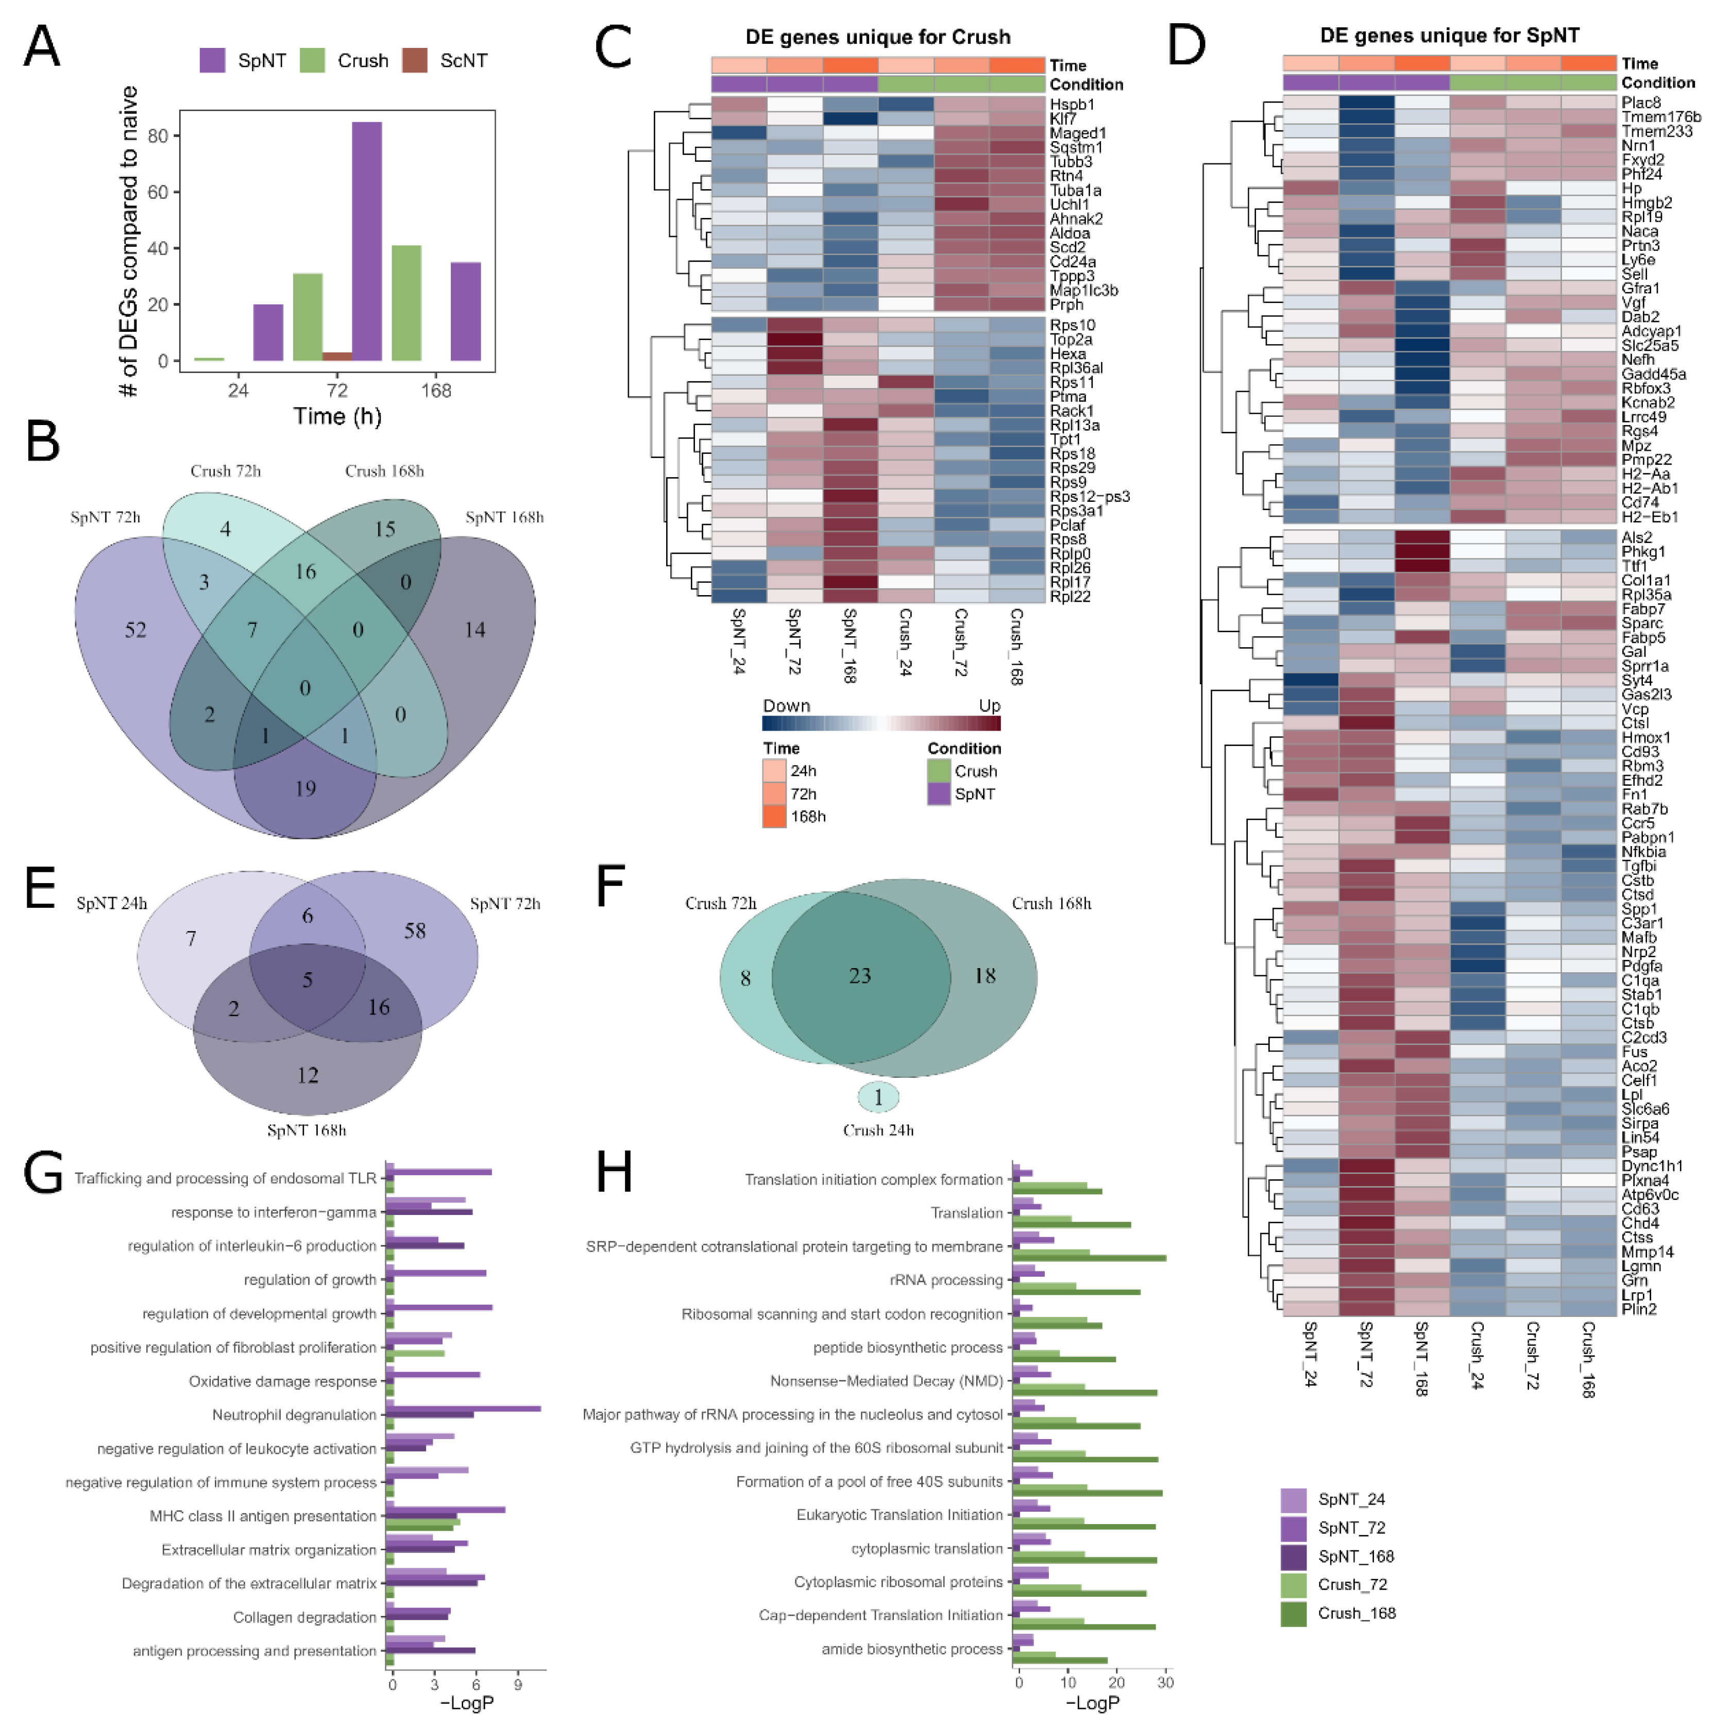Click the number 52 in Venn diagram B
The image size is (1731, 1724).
tap(135, 630)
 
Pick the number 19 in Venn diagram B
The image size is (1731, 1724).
tap(306, 788)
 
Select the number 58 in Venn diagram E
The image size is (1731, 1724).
tap(415, 931)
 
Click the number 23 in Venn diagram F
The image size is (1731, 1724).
tap(860, 976)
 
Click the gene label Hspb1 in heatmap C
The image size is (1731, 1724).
tap(1072, 105)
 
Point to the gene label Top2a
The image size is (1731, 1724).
tap(1072, 340)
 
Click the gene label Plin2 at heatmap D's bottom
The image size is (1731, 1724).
tap(1639, 1309)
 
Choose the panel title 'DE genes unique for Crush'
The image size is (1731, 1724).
tap(878, 37)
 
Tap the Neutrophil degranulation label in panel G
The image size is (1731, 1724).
tap(294, 1415)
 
